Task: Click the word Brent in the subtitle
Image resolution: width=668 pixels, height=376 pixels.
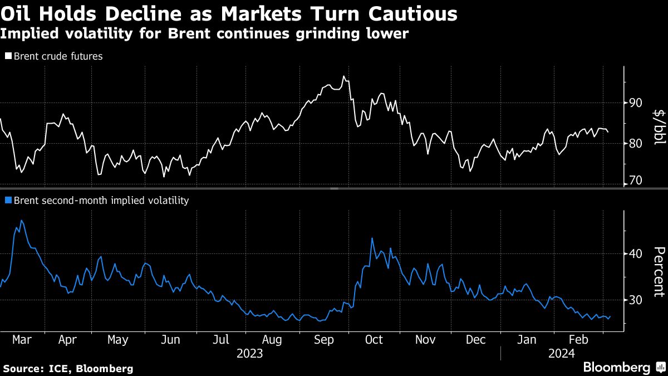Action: click(186, 33)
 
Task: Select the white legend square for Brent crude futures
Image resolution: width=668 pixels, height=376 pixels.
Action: click(8, 56)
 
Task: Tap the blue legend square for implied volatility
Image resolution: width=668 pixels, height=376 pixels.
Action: click(8, 201)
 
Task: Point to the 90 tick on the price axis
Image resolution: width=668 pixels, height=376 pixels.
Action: click(636, 102)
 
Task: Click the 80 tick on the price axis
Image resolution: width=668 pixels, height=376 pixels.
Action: click(636, 143)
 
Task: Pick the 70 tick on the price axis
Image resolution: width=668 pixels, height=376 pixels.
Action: click(636, 181)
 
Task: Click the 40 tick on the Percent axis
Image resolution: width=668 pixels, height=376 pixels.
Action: click(636, 254)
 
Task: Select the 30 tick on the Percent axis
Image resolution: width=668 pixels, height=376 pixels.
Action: click(636, 300)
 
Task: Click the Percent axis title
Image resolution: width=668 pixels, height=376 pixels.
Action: click(659, 271)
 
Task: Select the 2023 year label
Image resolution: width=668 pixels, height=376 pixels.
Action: click(250, 353)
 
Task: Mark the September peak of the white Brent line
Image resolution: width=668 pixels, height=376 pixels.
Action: click(343, 76)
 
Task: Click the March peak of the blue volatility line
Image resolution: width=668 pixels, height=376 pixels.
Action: click(21, 221)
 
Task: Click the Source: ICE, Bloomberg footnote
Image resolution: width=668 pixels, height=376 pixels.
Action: click(68, 368)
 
